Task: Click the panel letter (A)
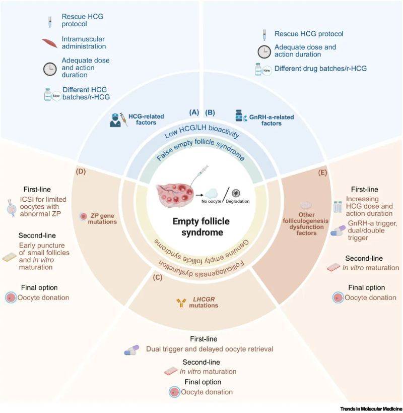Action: tap(194, 112)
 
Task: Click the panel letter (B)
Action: tap(210, 113)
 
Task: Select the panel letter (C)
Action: tap(158, 278)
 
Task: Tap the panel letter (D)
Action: tap(81, 172)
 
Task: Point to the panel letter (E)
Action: tap(322, 173)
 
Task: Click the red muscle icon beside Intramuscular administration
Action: tap(50, 43)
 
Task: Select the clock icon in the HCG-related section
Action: tap(50, 69)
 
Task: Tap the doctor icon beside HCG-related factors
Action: tap(115, 121)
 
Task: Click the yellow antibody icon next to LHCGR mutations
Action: tap(181, 303)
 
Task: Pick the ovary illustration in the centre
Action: tap(175, 195)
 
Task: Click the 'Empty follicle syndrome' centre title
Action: tap(201, 227)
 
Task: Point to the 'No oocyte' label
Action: tap(211, 202)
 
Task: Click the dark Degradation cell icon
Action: tap(236, 193)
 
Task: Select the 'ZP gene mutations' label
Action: tap(102, 219)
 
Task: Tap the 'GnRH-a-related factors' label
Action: tap(272, 120)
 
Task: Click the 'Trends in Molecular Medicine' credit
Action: tap(371, 409)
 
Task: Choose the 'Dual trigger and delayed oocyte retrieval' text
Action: tap(210, 349)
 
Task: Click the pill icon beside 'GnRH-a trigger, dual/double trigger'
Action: tap(338, 230)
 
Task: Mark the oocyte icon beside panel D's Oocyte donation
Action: tap(11, 298)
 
